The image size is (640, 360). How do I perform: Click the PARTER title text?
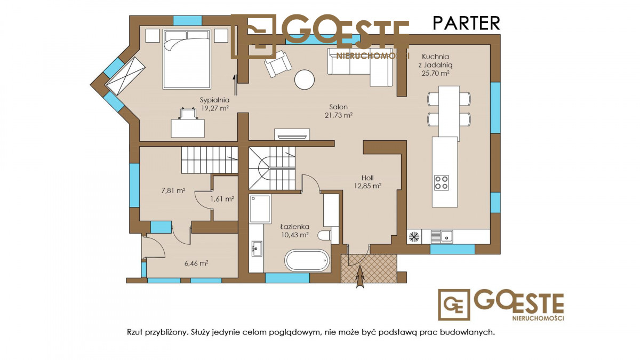[466, 23]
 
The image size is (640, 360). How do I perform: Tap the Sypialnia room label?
[214, 100]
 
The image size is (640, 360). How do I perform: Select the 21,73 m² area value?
[339, 115]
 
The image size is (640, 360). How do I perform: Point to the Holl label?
[367, 178]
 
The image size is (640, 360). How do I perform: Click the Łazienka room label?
[294, 227]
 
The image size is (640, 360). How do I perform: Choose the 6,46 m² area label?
[196, 263]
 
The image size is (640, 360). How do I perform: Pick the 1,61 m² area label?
[222, 199]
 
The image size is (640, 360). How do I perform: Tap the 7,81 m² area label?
[173, 190]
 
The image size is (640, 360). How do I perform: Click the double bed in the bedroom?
[187, 59]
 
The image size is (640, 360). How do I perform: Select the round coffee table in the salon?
[305, 80]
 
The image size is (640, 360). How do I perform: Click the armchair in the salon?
[278, 65]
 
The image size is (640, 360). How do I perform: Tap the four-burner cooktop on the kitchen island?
[442, 183]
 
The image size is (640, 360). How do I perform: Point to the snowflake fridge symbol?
[414, 237]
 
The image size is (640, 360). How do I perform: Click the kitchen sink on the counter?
[442, 237]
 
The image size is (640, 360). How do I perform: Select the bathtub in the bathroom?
[307, 261]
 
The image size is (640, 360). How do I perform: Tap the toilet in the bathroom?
[325, 236]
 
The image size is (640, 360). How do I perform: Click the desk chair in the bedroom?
[188, 114]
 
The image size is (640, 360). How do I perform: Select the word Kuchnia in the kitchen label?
[435, 57]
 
